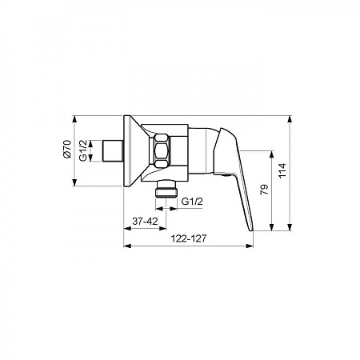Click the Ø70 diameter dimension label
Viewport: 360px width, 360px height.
(x=68, y=149)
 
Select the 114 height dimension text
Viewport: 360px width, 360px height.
(x=282, y=170)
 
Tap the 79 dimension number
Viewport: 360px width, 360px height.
(x=264, y=190)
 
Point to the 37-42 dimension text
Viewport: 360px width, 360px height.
(x=145, y=221)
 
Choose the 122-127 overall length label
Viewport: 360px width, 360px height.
(x=189, y=238)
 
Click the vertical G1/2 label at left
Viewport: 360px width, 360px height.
(x=83, y=150)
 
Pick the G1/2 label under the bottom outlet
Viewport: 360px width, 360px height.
(x=192, y=202)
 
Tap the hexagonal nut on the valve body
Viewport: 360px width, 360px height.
(x=162, y=151)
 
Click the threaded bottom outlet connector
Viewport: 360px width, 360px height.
(x=166, y=189)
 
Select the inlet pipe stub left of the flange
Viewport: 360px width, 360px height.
(x=113, y=150)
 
